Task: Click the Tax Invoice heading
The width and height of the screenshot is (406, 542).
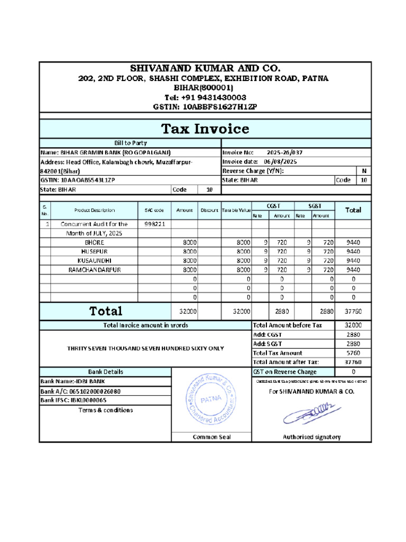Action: click(x=205, y=129)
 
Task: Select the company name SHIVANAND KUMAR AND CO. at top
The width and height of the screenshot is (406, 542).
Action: click(x=205, y=68)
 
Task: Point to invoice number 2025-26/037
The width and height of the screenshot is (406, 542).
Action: click(x=285, y=152)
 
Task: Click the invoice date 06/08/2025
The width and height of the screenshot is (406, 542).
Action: click(x=280, y=161)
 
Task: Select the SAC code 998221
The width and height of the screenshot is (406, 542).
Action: click(x=155, y=224)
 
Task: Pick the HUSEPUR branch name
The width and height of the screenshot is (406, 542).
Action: click(x=94, y=251)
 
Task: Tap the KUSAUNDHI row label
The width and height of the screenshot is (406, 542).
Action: click(x=94, y=260)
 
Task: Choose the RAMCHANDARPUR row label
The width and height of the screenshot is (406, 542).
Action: click(x=95, y=269)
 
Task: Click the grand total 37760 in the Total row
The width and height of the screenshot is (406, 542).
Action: click(x=353, y=312)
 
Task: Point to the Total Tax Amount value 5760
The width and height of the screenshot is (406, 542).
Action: click(x=353, y=353)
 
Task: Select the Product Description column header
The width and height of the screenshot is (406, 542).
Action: click(x=95, y=210)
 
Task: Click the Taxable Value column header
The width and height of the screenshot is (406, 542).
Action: click(x=236, y=210)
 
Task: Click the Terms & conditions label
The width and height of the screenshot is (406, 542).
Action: click(x=105, y=410)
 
